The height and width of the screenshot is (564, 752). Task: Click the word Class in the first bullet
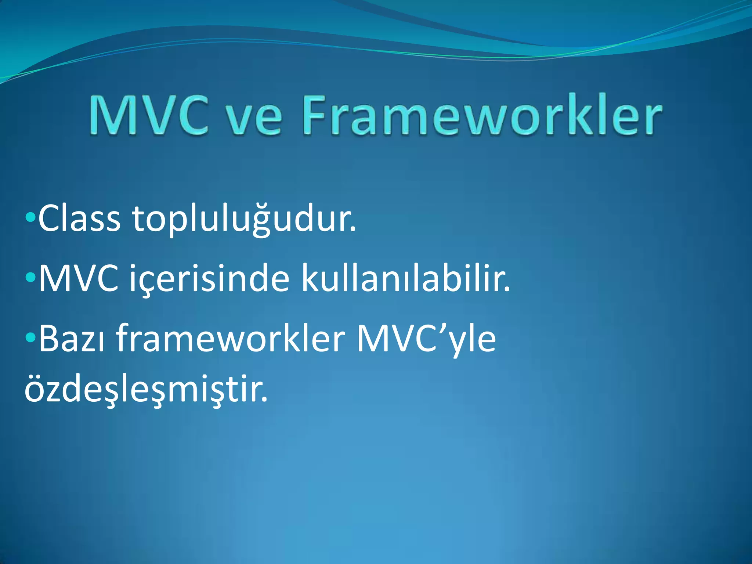[x=79, y=219]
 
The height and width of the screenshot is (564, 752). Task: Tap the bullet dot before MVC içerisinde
[x=30, y=278]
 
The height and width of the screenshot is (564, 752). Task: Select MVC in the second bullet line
[x=79, y=279]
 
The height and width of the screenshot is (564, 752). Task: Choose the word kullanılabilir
[x=406, y=279]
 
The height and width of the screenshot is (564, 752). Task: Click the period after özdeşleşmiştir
[x=265, y=399]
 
